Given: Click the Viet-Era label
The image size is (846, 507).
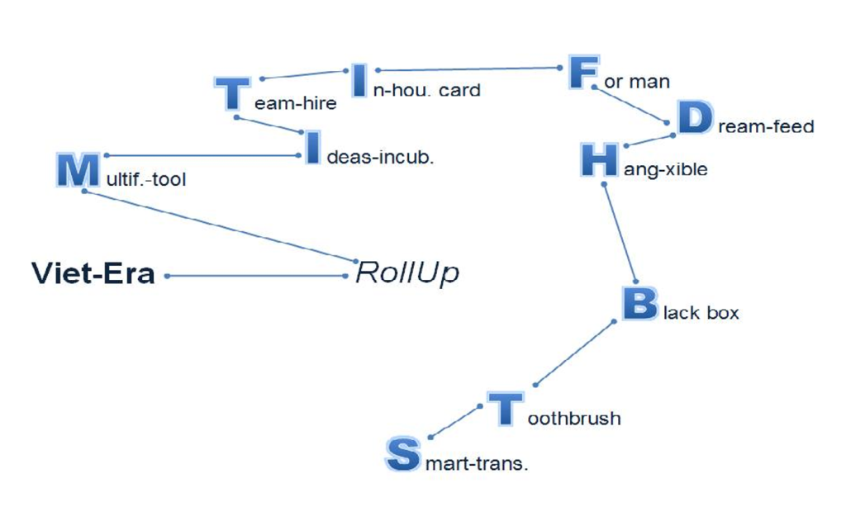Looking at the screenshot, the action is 93,273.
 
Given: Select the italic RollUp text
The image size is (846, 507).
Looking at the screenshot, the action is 407,273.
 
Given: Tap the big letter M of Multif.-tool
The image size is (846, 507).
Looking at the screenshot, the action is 78,170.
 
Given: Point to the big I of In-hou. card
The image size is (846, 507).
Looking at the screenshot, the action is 359,80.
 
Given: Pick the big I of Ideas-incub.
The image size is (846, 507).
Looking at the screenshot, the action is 312,147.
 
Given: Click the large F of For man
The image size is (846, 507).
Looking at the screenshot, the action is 583,72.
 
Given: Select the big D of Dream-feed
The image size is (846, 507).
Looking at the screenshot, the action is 695,117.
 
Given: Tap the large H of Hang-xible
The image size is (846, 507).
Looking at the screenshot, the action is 600,159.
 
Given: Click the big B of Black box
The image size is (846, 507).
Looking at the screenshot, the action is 640,303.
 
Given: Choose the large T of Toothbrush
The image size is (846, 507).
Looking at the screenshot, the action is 506,408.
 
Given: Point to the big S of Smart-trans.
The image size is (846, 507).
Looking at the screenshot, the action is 403,454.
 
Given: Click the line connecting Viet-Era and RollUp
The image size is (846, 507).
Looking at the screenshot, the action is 256,276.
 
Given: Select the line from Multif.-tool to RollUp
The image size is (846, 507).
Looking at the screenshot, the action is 220,226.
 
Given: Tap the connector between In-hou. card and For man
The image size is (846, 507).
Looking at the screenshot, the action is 469,69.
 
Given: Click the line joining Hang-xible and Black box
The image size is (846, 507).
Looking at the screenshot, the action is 620,233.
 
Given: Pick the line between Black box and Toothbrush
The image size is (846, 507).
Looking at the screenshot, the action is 575,353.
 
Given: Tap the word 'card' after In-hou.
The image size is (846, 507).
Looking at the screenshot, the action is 459,90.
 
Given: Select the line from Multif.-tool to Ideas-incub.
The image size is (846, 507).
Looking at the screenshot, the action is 203,155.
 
